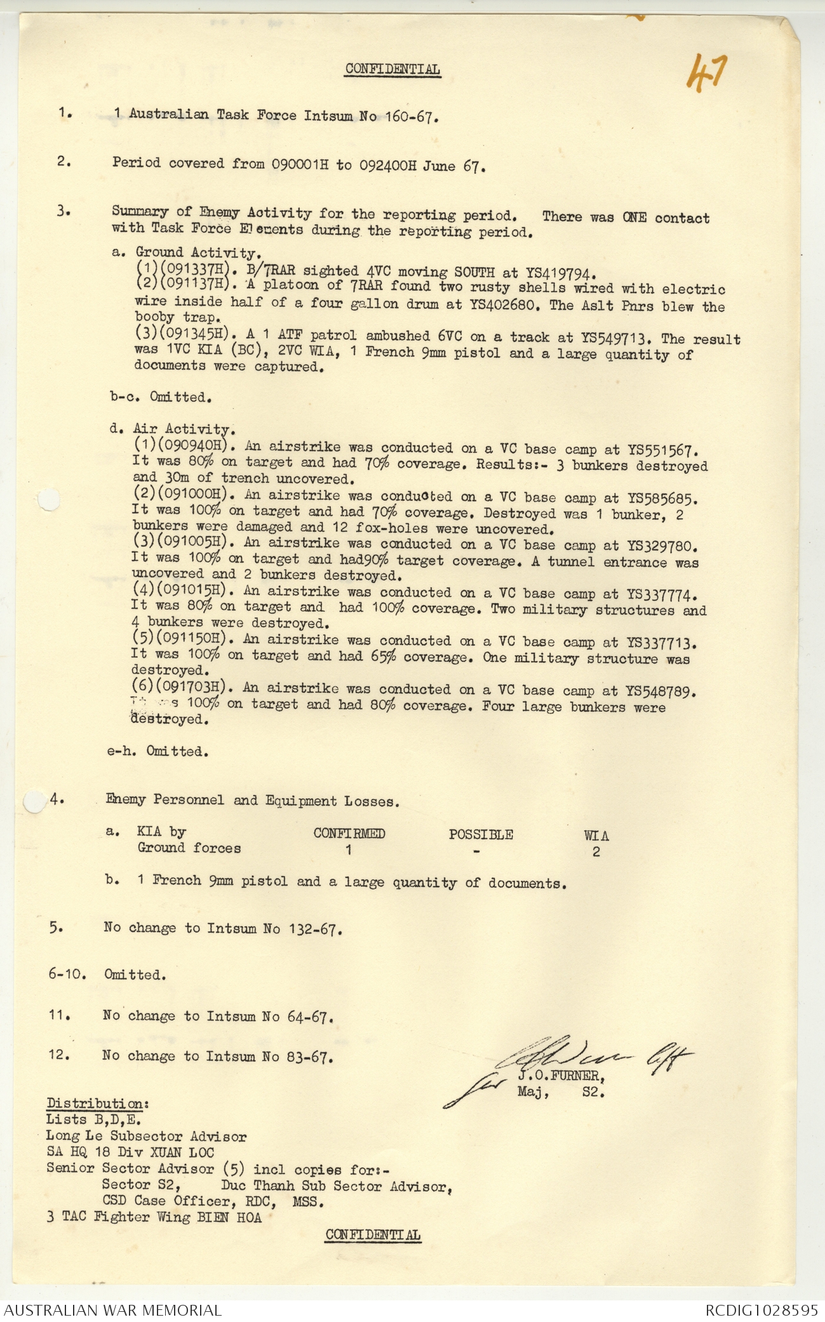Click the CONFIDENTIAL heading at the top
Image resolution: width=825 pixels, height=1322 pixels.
[x=392, y=69]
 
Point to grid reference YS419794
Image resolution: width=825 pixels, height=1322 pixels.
[x=560, y=274]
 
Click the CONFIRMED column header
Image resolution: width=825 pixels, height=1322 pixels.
[x=349, y=834]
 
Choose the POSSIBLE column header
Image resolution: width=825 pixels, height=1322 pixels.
[x=480, y=834]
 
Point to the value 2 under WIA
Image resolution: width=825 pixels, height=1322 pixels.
[x=596, y=852]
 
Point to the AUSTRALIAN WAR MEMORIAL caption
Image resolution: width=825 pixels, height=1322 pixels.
[x=112, y=1310]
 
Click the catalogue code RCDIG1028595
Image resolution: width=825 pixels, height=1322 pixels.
[x=761, y=1310]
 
